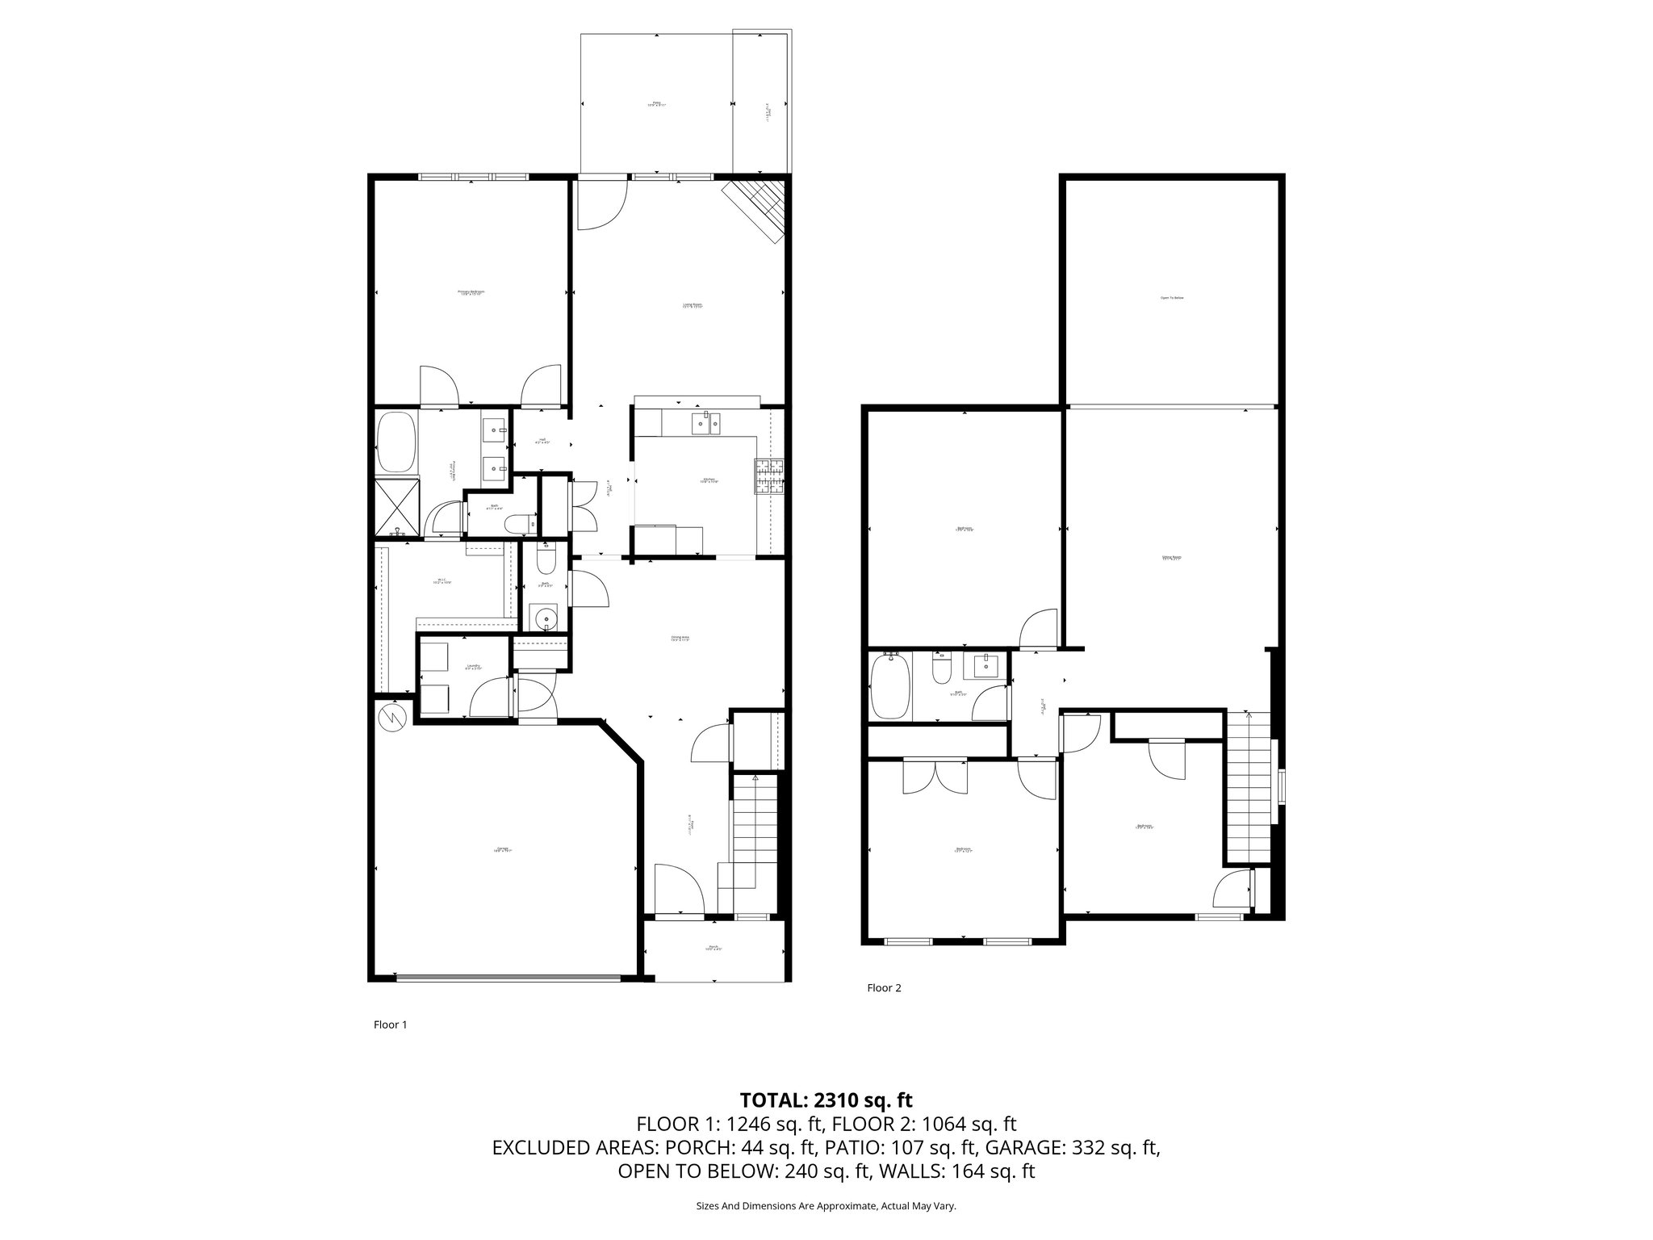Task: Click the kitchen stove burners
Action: (x=770, y=475)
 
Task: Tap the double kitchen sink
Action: (x=705, y=423)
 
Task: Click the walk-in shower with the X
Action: (x=395, y=506)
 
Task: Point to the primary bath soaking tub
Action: (x=395, y=442)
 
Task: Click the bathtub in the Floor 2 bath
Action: (x=891, y=686)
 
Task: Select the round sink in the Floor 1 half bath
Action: (x=546, y=618)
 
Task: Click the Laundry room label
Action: (x=474, y=668)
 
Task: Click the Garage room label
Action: (x=503, y=848)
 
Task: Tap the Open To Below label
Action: (x=1171, y=298)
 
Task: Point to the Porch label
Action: (x=714, y=948)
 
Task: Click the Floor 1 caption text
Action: (x=390, y=1024)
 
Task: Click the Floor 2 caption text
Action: (x=883, y=987)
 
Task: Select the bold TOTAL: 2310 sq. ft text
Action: (x=826, y=1100)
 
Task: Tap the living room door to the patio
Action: (x=601, y=202)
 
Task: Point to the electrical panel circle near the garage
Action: (x=393, y=716)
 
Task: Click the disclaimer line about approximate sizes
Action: (x=826, y=1206)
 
